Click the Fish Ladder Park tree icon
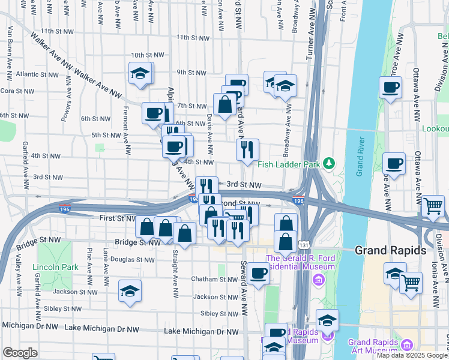[x=328, y=163]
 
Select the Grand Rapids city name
[x=390, y=250]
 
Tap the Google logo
[x=20, y=353]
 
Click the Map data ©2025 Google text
[x=412, y=355]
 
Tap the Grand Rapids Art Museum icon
[x=407, y=345]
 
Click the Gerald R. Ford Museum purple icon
[x=318, y=279]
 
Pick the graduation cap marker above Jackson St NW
[x=130, y=291]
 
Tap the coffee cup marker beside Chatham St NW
[x=259, y=274]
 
